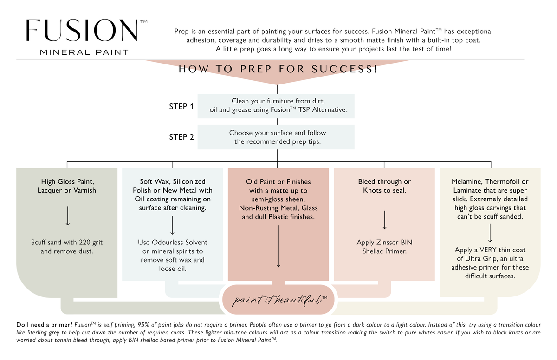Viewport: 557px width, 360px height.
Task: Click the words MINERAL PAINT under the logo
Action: (x=84, y=52)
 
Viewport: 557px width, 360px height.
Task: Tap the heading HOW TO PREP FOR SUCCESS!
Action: (x=278, y=69)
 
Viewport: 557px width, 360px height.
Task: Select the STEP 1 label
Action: (x=181, y=106)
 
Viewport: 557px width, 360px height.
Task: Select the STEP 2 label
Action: (x=181, y=137)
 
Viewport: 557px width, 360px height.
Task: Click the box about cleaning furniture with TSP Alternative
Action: (x=276, y=106)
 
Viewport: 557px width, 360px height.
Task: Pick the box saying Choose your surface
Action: (x=276, y=137)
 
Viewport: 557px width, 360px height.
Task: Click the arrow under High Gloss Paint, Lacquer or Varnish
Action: (x=67, y=216)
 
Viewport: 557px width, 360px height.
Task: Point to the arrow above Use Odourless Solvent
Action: (x=172, y=225)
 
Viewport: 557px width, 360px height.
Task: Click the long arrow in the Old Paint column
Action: (x=278, y=246)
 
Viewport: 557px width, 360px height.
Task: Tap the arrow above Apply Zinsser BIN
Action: (x=384, y=220)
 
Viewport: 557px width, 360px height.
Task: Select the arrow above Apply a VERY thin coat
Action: (x=490, y=233)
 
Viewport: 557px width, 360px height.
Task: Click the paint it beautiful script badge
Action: (x=278, y=299)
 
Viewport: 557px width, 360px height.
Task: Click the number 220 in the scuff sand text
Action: (x=84, y=242)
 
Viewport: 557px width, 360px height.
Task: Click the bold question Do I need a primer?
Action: (x=44, y=325)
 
